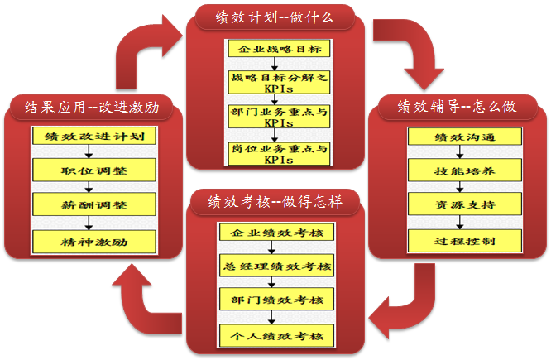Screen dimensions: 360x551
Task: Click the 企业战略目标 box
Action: (x=278, y=49)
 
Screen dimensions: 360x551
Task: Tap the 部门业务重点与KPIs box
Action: (x=278, y=116)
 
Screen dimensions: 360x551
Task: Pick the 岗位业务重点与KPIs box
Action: (x=278, y=152)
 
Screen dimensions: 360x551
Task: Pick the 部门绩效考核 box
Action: (x=276, y=300)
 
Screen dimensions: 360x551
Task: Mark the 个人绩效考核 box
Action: (x=276, y=335)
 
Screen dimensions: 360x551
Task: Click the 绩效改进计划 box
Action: (x=93, y=137)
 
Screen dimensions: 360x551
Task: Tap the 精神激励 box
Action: (x=93, y=241)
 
